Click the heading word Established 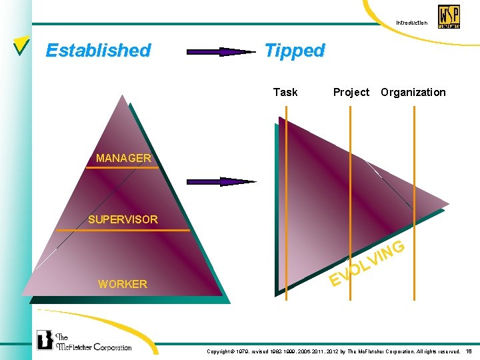(98, 51)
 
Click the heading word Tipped (294, 51)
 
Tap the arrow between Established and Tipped (220, 51)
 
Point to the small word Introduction (411, 23)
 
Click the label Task (285, 92)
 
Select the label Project (351, 92)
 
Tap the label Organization (413, 92)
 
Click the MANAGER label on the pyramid (123, 158)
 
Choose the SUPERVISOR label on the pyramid (123, 219)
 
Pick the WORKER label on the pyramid (122, 284)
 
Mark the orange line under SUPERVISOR (123, 230)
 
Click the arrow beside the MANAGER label (220, 181)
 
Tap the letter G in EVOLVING (397, 248)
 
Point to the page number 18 (469, 351)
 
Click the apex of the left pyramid (124, 95)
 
